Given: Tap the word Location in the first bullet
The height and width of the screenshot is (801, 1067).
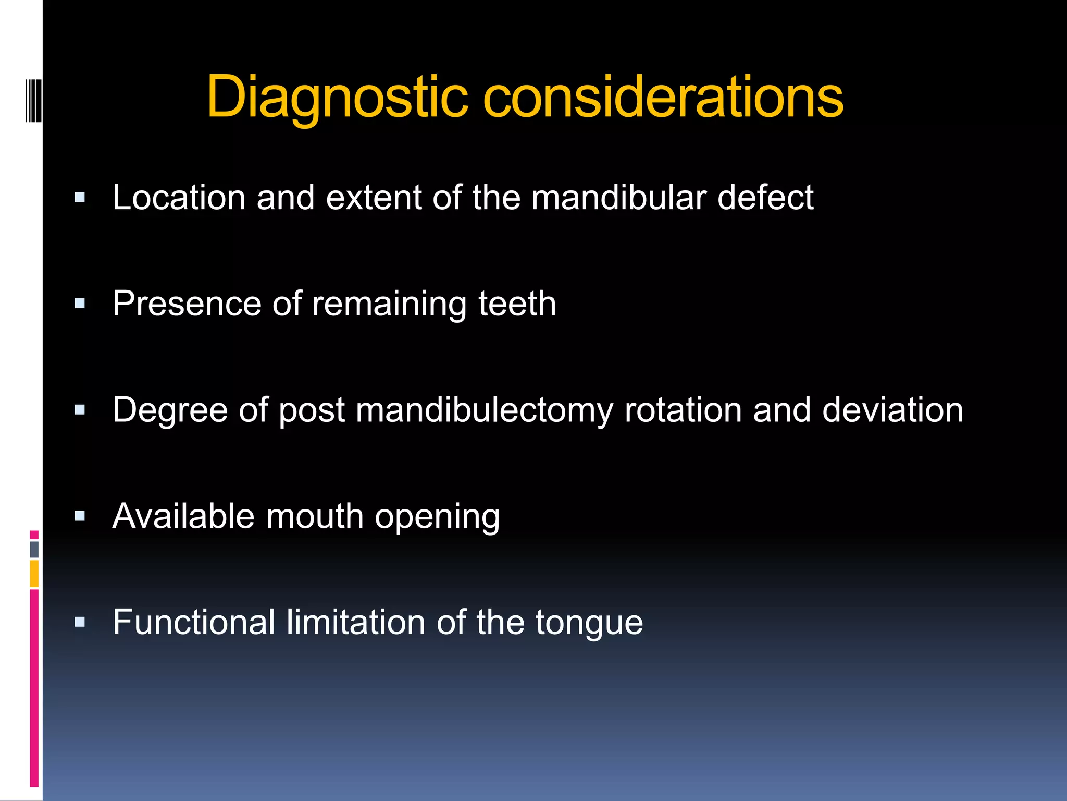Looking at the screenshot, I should (179, 198).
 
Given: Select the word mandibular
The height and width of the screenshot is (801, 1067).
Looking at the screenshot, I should (618, 198).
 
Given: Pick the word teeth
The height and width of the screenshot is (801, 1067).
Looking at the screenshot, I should (517, 304).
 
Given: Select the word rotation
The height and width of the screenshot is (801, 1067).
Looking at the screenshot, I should (683, 410).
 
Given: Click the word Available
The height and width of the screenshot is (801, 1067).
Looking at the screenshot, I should (183, 516).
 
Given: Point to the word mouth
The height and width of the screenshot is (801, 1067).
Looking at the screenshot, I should (315, 516).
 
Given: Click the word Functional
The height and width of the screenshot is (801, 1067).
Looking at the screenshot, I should (194, 622).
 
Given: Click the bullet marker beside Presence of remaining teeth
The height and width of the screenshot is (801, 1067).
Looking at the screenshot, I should (80, 304).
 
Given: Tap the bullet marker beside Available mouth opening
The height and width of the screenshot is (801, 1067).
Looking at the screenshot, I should (80, 516).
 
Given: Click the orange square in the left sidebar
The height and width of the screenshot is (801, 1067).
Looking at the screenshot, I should (34, 574).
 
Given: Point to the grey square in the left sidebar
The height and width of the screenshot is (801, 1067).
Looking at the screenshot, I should (34, 549).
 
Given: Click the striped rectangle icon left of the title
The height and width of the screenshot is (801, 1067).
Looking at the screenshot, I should (33, 100).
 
